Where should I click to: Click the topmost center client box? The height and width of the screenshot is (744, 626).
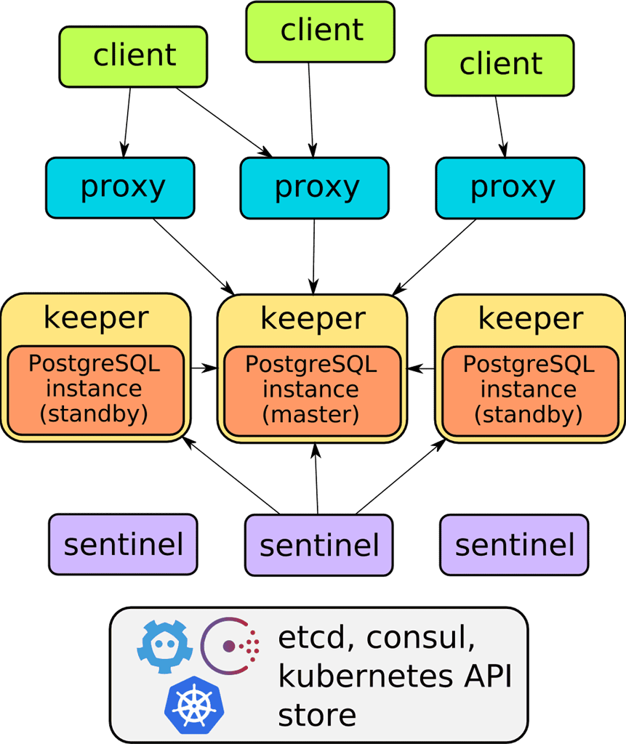pos(320,31)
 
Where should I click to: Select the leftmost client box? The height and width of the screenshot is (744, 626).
pos(134,57)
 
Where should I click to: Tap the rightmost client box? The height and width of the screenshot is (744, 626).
pos(500,65)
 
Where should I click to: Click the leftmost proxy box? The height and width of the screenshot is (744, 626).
pos(121,188)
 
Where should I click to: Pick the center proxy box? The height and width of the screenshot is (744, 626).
pos(315,188)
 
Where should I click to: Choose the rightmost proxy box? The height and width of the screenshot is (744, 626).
pos(510,188)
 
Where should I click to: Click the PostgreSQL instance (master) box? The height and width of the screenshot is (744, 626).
pos(312,389)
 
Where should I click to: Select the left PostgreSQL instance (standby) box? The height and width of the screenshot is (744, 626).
pos(95,389)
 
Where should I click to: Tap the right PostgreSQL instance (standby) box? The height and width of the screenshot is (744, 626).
pos(529,389)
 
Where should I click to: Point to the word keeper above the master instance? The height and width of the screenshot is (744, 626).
pos(312,319)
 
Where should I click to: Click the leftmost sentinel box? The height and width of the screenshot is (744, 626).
pos(123,544)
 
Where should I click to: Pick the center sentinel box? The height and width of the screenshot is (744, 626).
pos(318,546)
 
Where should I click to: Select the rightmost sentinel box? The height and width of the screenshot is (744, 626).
pos(514,544)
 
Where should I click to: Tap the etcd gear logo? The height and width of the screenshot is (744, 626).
pos(164,645)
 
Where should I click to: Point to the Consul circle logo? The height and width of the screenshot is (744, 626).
pos(231,645)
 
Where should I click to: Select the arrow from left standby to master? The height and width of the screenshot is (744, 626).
pos(205,368)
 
